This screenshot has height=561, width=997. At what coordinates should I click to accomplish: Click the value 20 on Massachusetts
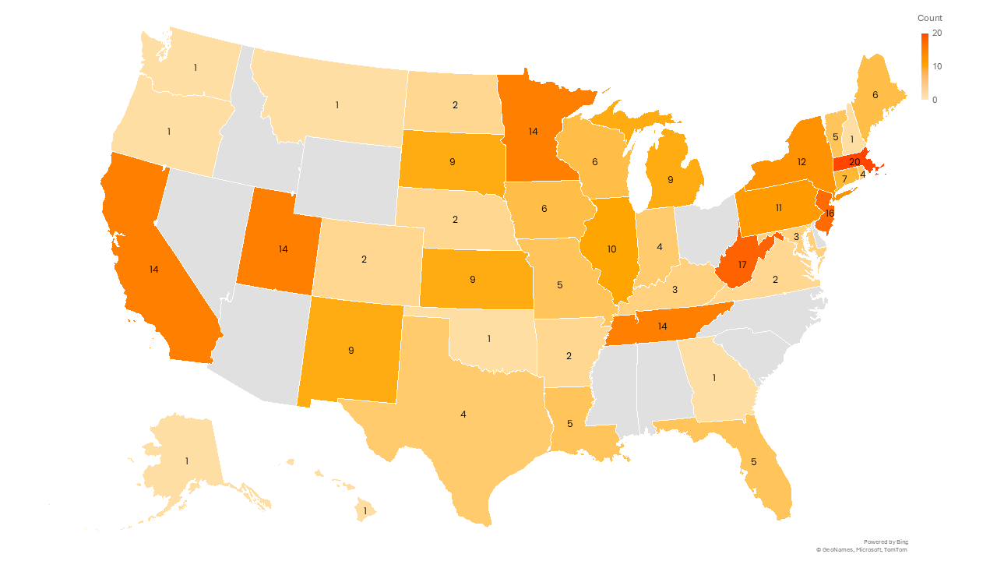click(854, 162)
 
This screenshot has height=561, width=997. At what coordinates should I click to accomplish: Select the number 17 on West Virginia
click(742, 265)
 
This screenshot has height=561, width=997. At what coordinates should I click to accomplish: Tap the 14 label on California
click(154, 269)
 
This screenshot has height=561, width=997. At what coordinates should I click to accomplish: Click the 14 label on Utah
click(284, 249)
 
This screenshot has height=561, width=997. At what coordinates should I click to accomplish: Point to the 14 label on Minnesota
click(533, 132)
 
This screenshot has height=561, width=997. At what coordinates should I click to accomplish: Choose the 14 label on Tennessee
click(662, 326)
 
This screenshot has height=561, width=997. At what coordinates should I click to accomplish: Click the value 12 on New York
click(801, 161)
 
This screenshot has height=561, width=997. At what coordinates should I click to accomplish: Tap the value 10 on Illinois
click(611, 249)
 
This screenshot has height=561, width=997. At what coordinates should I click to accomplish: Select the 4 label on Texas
click(463, 415)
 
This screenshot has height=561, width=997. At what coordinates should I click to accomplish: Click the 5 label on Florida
click(753, 461)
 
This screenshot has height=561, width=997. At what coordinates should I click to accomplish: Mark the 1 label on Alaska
click(187, 461)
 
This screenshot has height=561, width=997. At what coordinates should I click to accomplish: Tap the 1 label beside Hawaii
click(365, 511)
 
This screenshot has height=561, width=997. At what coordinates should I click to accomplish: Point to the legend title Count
click(929, 18)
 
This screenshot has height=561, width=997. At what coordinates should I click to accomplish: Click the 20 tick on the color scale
click(937, 34)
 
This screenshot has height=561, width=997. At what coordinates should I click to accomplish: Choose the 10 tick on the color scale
click(937, 66)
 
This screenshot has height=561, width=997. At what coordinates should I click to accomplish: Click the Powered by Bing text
click(886, 542)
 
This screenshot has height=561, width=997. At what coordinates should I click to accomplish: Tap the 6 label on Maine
click(875, 94)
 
